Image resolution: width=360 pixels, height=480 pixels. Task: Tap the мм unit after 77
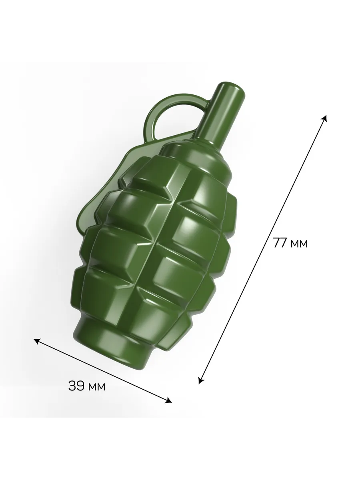299,244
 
